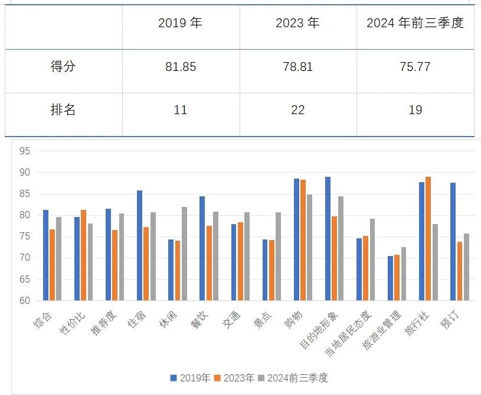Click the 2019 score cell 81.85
click(x=181, y=67)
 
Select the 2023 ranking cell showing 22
click(x=297, y=110)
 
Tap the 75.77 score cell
click(x=415, y=67)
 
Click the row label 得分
click(x=63, y=67)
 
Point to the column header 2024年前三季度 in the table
click(x=415, y=24)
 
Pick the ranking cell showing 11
click(x=181, y=110)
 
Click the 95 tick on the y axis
click(x=24, y=151)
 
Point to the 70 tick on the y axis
click(x=24, y=258)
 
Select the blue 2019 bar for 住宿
click(x=140, y=245)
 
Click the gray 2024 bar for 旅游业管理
click(x=403, y=274)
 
